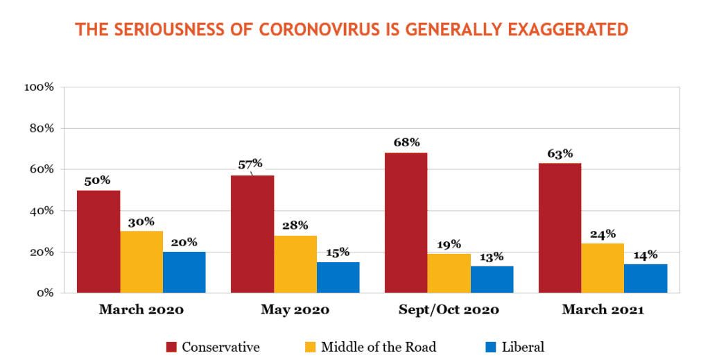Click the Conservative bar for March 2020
pyautogui.click(x=98, y=241)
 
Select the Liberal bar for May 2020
pyautogui.click(x=338, y=277)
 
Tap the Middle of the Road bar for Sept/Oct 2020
pyautogui.click(x=449, y=273)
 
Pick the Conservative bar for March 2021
pyautogui.click(x=560, y=228)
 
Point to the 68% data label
pyautogui.click(x=406, y=143)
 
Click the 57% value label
pyautogui.click(x=250, y=164)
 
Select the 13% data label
pyautogui.click(x=492, y=257)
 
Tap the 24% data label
pyautogui.click(x=603, y=234)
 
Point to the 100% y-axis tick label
pyautogui.click(x=39, y=87)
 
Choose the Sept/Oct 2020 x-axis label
pyautogui.click(x=449, y=310)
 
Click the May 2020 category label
pyautogui.click(x=295, y=310)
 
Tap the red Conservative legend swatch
pyautogui.click(x=172, y=348)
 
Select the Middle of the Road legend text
pyautogui.click(x=379, y=348)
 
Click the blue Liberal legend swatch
pyautogui.click(x=491, y=348)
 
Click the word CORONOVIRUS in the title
pyautogui.click(x=319, y=29)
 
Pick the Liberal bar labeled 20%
pyautogui.click(x=184, y=272)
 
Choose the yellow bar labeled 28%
pyautogui.click(x=295, y=264)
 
